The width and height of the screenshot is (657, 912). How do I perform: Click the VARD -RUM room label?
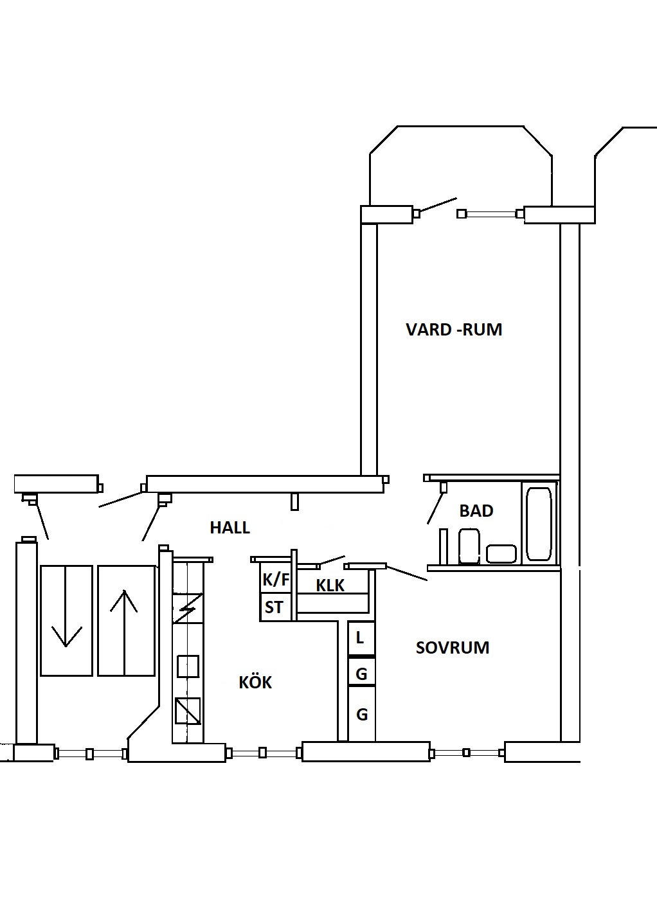tap(454, 329)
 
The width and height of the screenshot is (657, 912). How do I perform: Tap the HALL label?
tap(230, 528)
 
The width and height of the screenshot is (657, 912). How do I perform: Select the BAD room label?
tap(476, 510)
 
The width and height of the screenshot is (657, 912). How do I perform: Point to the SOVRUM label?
tap(452, 647)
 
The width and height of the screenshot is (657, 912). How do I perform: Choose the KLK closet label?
tap(330, 586)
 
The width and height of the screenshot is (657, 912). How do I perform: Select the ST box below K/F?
tap(276, 607)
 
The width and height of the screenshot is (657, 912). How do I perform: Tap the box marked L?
tap(361, 638)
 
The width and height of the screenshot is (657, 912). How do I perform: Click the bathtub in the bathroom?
tap(539, 524)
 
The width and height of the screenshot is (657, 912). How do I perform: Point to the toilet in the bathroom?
tap(469, 546)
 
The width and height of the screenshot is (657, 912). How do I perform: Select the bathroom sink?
tap(501, 554)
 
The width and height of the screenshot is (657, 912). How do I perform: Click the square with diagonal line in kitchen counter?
tap(188, 711)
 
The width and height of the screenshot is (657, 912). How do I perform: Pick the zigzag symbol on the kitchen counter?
tap(187, 609)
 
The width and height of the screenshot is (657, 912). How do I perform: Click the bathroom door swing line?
tap(435, 507)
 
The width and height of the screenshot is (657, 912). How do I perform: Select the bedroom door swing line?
tap(406, 573)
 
